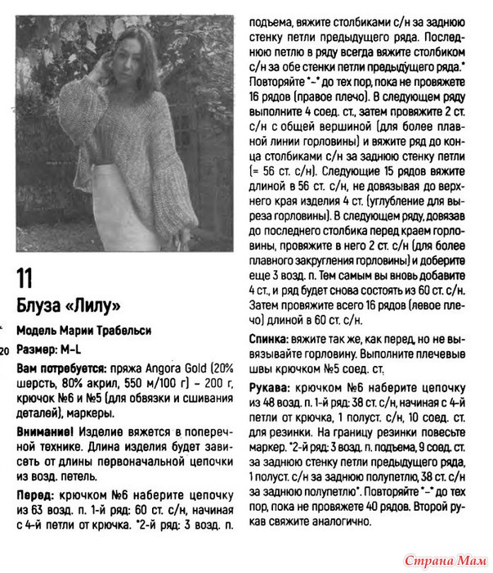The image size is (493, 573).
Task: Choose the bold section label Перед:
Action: coord(37,496)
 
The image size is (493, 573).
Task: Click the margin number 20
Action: coord(5,351)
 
